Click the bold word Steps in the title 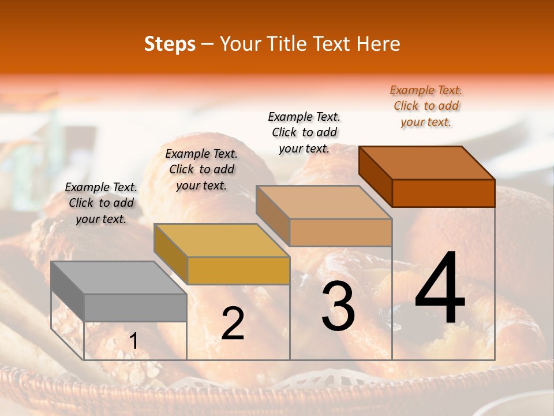(170, 44)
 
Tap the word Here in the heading (379, 44)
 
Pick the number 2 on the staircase (233, 324)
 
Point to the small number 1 (133, 341)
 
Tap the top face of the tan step (324, 202)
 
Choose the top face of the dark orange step (426, 163)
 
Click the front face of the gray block (136, 307)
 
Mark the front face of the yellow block (238, 270)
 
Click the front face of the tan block (340, 232)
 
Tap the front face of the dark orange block (443, 193)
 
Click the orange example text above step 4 (426, 106)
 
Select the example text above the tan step (304, 132)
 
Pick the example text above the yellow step (201, 169)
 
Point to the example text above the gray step (101, 203)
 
